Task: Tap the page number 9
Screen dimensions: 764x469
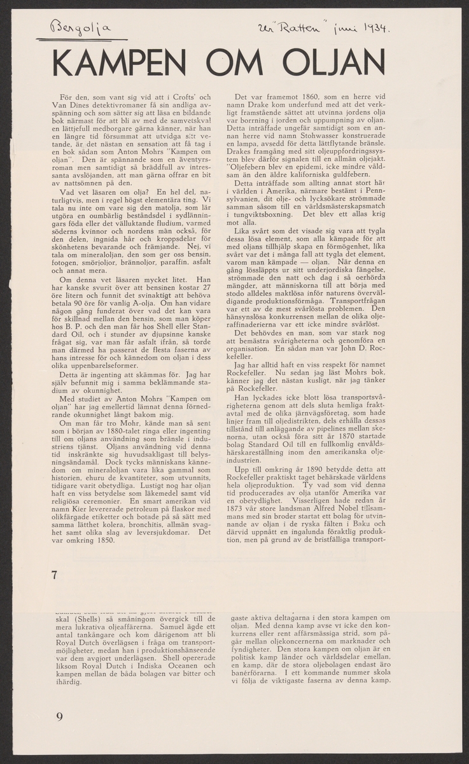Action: coord(59,716)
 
